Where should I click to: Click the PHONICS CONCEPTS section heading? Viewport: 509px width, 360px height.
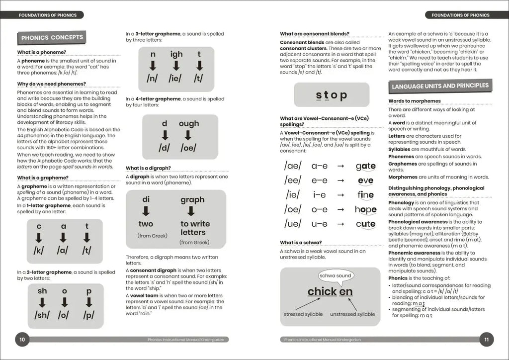52,37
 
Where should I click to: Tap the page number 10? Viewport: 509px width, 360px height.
22,340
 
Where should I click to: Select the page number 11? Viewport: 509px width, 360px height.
487,340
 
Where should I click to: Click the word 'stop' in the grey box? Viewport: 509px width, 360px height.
332,95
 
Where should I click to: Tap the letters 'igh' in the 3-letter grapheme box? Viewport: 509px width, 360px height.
176,54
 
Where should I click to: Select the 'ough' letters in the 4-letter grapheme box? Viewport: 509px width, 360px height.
188,123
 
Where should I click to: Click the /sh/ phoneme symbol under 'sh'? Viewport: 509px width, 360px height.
42,315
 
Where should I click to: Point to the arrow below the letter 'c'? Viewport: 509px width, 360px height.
39,238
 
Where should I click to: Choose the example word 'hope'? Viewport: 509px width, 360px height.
365,209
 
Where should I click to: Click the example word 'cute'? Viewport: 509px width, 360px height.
365,224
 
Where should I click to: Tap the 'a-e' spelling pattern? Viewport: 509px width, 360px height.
319,166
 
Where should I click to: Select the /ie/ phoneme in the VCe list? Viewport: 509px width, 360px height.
293,195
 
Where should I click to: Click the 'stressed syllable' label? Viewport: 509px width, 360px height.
303,314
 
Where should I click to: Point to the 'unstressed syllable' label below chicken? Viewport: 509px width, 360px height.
352,314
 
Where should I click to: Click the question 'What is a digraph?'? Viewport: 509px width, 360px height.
148,168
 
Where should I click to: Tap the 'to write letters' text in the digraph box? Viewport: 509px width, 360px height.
195,228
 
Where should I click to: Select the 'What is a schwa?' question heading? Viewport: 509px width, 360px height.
301,243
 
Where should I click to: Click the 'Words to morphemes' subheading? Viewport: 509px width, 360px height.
414,101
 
